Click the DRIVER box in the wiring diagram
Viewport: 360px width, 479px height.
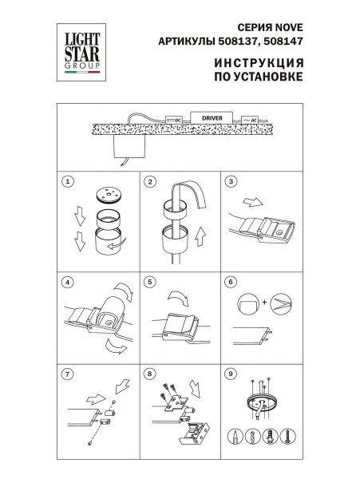[211, 117]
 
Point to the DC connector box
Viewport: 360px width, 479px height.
[172, 119]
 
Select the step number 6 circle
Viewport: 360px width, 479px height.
[230, 282]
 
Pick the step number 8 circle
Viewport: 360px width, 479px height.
[149, 372]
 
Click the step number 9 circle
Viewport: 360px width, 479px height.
[230, 372]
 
